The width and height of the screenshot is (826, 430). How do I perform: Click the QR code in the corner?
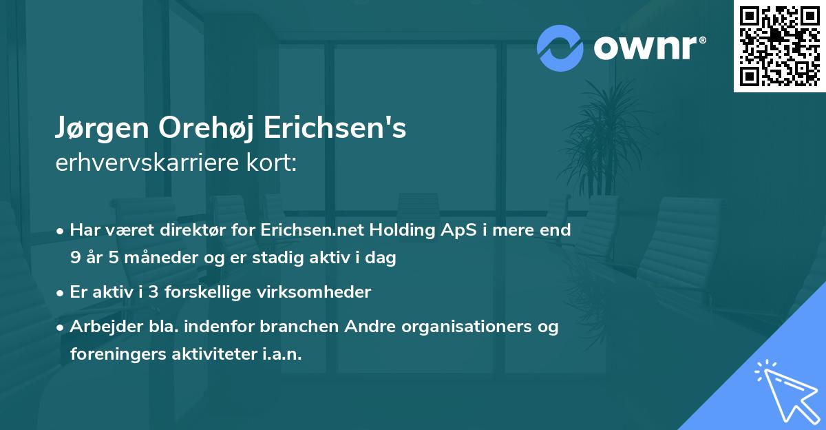(x=779, y=45)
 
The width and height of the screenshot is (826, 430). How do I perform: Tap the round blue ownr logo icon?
(x=560, y=48)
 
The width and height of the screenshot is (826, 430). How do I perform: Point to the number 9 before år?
(x=75, y=258)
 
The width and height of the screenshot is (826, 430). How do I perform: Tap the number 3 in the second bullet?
(x=142, y=292)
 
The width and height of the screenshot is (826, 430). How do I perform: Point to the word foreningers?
(x=114, y=354)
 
